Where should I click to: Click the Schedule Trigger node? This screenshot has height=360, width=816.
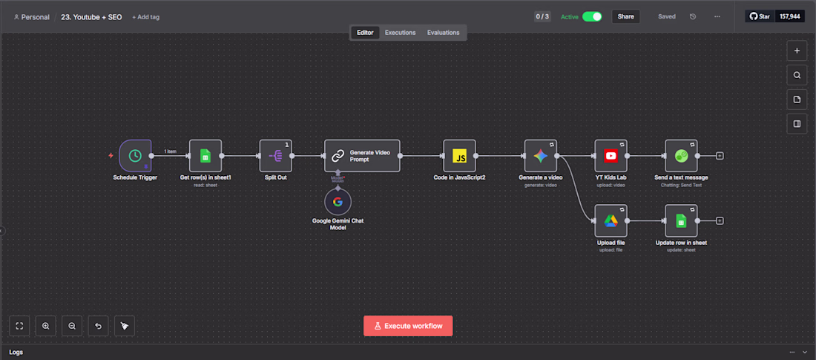click(x=135, y=156)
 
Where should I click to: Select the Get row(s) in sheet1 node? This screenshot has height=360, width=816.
click(x=205, y=156)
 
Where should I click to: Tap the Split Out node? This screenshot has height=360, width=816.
click(x=276, y=156)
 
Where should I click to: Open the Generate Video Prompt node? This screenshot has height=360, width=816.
click(x=362, y=156)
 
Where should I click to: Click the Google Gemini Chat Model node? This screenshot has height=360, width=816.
click(x=338, y=202)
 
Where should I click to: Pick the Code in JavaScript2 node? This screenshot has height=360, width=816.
click(x=459, y=156)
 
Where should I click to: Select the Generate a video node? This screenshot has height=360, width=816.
click(x=540, y=156)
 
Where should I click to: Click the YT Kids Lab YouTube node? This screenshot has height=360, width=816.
click(x=611, y=156)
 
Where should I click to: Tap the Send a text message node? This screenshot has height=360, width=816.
click(x=681, y=156)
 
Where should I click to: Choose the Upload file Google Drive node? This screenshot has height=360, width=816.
click(x=611, y=220)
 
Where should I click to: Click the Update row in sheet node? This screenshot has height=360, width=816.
click(x=681, y=220)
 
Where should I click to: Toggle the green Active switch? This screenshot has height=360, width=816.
click(x=592, y=16)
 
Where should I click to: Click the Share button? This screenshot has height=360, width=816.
click(x=626, y=16)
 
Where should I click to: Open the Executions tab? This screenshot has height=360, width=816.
click(x=400, y=33)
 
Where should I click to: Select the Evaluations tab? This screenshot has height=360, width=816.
click(x=443, y=33)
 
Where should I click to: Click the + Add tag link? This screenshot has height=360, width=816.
click(x=145, y=17)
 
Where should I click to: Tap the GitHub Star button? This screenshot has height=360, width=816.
click(x=760, y=16)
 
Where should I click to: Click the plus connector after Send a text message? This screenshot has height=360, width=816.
click(x=720, y=156)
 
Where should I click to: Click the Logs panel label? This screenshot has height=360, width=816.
click(x=16, y=352)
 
